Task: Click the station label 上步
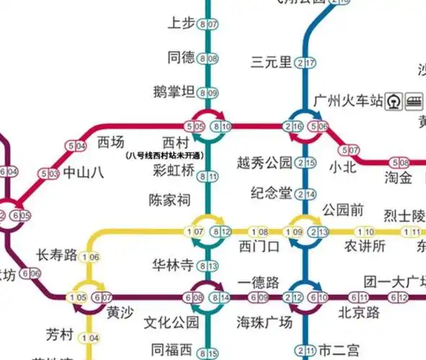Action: pos(181,23)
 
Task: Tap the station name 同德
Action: pos(181,57)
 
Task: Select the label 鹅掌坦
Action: pos(174,91)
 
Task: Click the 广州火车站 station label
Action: pos(347,99)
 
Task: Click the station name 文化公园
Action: pos(171,321)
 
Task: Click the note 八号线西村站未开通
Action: pos(164,155)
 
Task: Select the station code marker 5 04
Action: pos(76,146)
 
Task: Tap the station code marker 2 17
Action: pos(306,63)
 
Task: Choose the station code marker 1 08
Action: pos(259,232)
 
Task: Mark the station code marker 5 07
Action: pos(353,150)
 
